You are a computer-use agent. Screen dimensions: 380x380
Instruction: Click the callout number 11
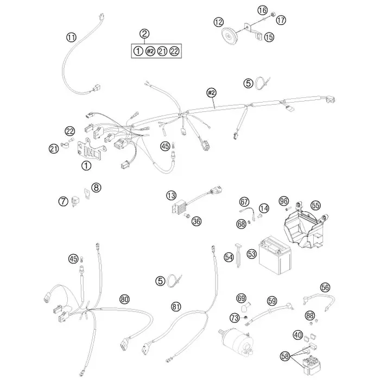pos(71,37)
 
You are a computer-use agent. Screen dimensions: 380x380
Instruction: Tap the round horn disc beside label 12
pos(229,37)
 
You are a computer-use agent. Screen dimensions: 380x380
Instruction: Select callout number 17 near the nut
pos(281,20)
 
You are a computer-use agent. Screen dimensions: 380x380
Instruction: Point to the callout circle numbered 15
pos(269,37)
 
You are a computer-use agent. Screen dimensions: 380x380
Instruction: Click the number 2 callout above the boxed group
pos(144,34)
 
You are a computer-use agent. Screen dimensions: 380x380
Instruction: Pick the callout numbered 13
pos(172,195)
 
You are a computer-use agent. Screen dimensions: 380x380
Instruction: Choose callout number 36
pos(197,221)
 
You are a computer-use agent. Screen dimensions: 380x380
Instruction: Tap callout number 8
pos(96,187)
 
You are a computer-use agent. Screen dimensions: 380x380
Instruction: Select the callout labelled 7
pos(64,201)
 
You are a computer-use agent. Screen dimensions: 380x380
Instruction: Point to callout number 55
pos(315,206)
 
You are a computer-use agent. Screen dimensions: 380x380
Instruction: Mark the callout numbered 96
pos(284,201)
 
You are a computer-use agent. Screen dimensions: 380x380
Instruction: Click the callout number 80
pos(124,300)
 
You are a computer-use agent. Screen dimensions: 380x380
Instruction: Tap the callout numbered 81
pos(176,307)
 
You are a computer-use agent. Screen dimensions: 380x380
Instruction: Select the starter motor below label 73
pos(238,341)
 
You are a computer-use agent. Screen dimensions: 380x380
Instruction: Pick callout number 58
pos(285,356)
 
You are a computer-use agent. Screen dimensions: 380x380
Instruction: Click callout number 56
pos(325,287)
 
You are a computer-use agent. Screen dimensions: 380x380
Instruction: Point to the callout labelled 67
pos(244,202)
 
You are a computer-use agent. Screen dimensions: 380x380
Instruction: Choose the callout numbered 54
pos(229,257)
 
